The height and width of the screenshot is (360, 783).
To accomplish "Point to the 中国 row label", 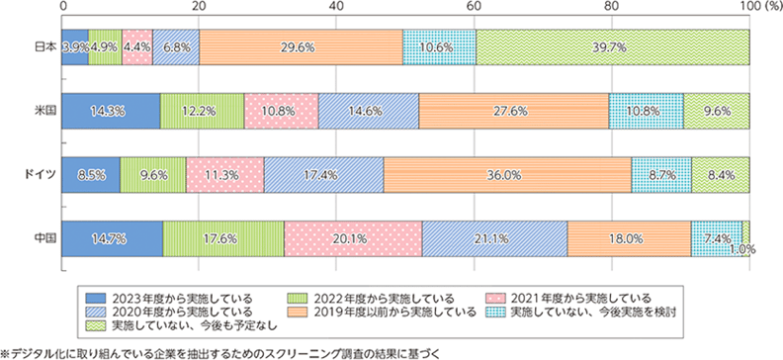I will [x=43, y=237].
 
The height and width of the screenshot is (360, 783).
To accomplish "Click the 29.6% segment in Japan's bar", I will [x=301, y=47].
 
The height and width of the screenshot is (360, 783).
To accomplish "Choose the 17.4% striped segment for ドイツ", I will [x=323, y=174].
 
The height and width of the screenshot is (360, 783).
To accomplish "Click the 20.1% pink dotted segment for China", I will [x=353, y=237].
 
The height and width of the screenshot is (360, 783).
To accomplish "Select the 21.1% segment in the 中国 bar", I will [x=494, y=237].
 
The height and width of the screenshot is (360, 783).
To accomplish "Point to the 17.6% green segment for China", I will [x=222, y=237].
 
